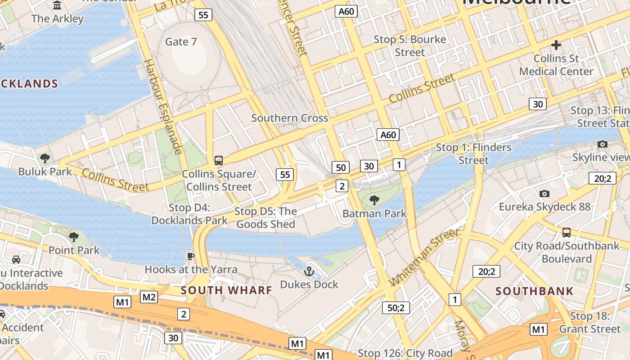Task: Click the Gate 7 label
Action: (x=181, y=42)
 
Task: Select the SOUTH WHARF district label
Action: (x=226, y=290)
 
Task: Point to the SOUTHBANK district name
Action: (x=535, y=291)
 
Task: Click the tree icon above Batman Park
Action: (x=374, y=200)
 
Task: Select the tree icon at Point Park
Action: (x=74, y=237)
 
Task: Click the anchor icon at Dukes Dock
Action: (x=309, y=271)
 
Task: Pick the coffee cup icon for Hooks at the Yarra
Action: (x=191, y=256)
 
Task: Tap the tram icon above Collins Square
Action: (x=219, y=161)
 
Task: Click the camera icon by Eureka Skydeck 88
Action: (x=544, y=193)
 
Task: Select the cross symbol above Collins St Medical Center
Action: (x=556, y=45)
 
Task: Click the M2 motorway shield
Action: (x=149, y=297)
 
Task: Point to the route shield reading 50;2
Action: (x=396, y=308)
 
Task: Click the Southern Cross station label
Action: (x=289, y=118)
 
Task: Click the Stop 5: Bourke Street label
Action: (x=409, y=46)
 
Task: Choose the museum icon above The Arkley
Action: (x=58, y=5)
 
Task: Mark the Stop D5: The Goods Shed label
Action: (x=265, y=218)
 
